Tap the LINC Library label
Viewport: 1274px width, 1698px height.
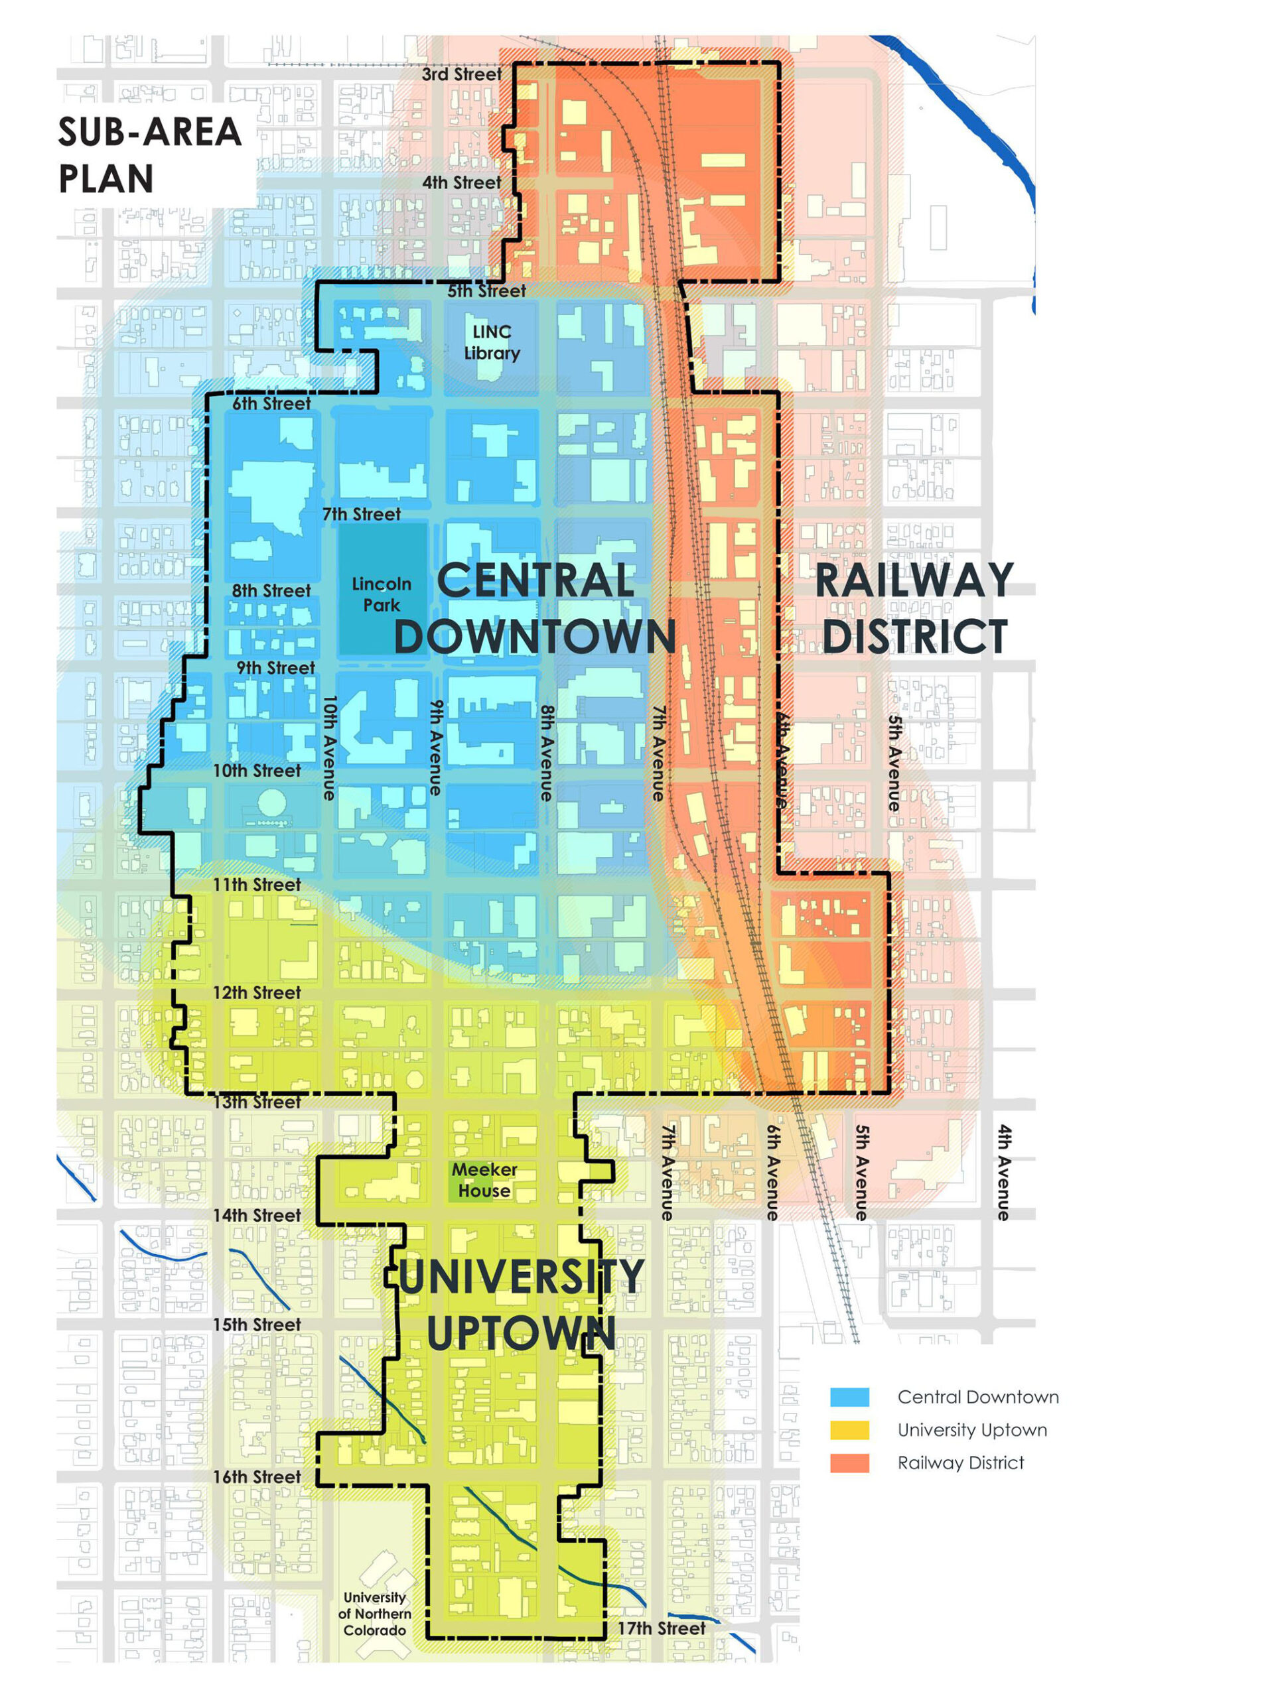(x=492, y=342)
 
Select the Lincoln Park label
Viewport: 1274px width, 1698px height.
(x=382, y=595)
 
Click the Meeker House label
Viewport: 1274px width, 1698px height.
(x=484, y=1180)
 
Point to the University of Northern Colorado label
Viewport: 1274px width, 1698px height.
(x=375, y=1614)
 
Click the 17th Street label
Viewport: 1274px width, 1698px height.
(x=661, y=1628)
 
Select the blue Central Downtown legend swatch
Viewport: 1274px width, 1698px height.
(x=849, y=1397)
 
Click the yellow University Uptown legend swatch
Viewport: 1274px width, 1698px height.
(x=849, y=1430)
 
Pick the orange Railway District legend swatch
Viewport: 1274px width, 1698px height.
(x=849, y=1463)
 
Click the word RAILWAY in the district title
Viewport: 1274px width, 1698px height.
(x=914, y=580)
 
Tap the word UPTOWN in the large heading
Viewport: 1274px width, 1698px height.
(x=521, y=1333)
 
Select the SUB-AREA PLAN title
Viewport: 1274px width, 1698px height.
(x=150, y=155)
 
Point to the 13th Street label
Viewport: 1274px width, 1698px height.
(x=257, y=1102)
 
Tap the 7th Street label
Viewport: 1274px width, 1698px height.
(x=361, y=514)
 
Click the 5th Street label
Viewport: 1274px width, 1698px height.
(x=487, y=291)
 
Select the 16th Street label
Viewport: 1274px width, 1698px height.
(x=257, y=1477)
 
